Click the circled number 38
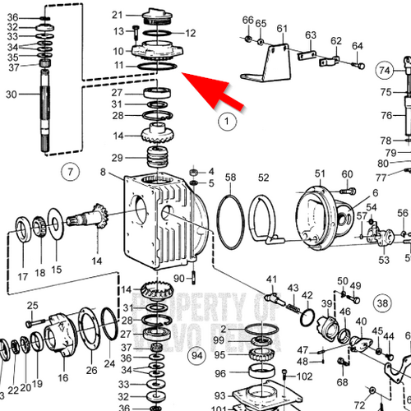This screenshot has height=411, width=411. coord(382,302)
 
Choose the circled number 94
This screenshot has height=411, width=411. coord(196,355)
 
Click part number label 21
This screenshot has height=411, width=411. coord(117,15)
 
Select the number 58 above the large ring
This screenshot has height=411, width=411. coord(230,178)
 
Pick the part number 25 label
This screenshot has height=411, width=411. coord(33,306)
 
